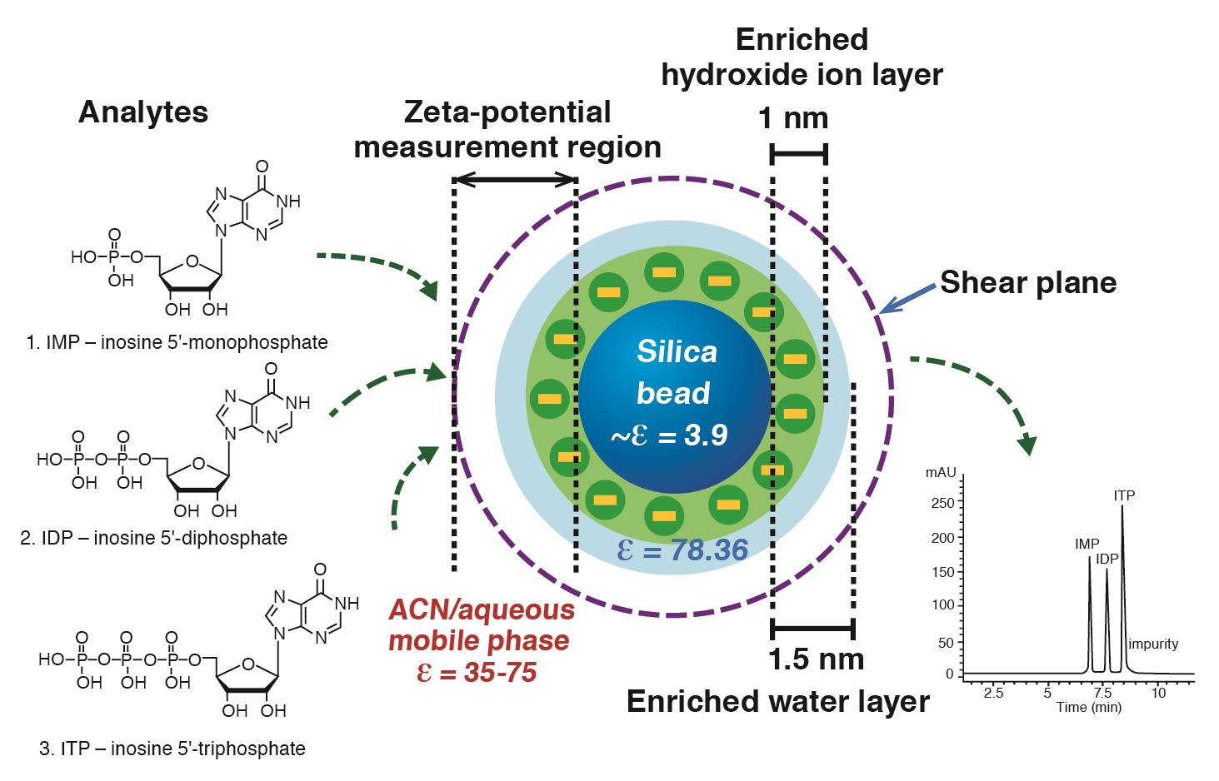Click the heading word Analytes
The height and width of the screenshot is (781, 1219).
[143, 112]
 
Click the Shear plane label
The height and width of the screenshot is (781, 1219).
[1028, 283]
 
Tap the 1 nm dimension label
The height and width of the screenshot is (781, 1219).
[793, 118]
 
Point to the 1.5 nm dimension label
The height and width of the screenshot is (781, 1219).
[816, 659]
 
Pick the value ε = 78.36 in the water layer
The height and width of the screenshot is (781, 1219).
[682, 550]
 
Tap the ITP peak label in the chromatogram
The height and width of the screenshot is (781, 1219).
[1124, 496]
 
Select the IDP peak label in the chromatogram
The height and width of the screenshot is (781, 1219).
[1107, 559]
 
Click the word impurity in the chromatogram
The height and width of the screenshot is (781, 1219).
[1154, 644]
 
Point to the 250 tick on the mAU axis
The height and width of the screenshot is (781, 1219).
[942, 504]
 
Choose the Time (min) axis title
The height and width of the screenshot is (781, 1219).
[1088, 708]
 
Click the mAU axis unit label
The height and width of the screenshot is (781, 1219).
[940, 473]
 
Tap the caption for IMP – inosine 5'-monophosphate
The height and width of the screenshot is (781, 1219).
[177, 342]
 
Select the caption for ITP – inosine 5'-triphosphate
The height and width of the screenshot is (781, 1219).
[172, 749]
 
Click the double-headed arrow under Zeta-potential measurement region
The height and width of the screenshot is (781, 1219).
[514, 179]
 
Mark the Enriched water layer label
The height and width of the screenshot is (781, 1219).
[777, 702]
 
